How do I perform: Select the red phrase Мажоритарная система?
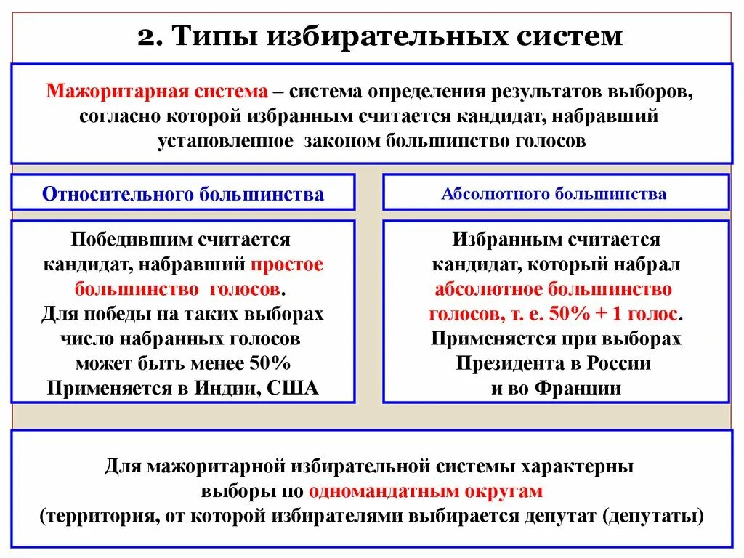click(x=157, y=93)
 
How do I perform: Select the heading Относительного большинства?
click(x=183, y=194)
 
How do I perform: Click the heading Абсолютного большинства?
click(x=554, y=194)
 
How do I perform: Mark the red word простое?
click(x=288, y=264)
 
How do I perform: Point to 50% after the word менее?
click(x=270, y=363)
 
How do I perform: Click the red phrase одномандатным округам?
click(x=426, y=490)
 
